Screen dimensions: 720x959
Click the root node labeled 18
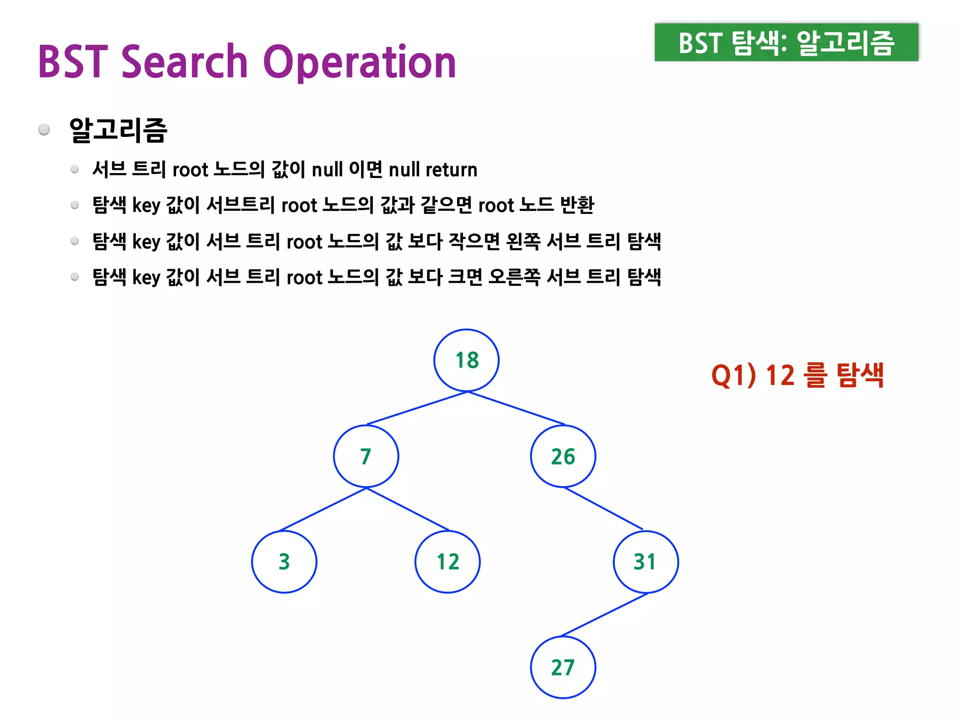(466, 360)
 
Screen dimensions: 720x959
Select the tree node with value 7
(366, 456)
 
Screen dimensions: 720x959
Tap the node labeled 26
(563, 456)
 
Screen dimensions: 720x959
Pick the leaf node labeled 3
(284, 562)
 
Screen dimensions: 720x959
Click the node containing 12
(448, 562)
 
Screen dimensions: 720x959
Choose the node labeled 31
(646, 562)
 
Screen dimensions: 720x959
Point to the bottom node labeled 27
(563, 667)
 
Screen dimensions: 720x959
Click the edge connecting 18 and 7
(417, 408)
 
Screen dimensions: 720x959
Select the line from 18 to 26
(516, 408)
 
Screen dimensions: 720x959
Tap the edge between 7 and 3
(323, 509)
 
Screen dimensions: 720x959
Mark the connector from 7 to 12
(407, 509)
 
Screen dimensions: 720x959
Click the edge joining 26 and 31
(603, 509)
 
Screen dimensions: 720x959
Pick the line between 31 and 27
(604, 615)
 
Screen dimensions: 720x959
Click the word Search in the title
(184, 62)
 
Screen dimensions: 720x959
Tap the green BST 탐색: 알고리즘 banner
(786, 42)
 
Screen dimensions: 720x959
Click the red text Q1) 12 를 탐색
(797, 375)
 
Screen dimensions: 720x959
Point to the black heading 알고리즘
(118, 130)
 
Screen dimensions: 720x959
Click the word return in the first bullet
(451, 170)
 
